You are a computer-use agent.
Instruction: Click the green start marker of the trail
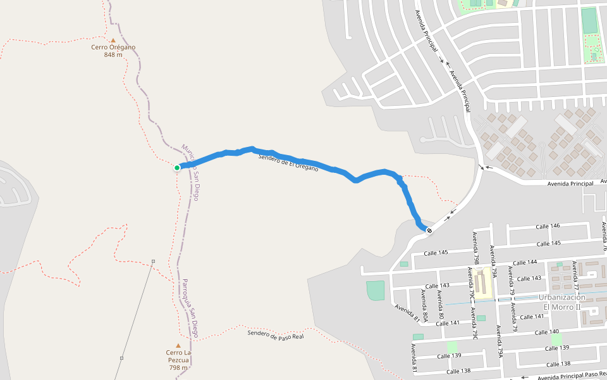pos(177,168)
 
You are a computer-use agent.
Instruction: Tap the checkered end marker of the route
pos(429,231)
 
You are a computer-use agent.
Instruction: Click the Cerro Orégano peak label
pos(113,47)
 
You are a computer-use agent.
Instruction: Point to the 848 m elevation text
pos(113,55)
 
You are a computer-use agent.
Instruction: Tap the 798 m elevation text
pos(178,367)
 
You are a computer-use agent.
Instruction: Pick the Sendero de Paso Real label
pos(276,334)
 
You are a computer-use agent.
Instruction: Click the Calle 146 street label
pos(548,226)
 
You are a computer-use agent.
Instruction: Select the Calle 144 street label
pos(525,262)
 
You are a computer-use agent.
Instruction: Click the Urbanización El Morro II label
pos(562,302)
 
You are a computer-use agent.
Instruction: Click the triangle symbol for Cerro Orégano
pos(113,40)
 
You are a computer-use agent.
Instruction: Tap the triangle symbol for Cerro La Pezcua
pos(178,346)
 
